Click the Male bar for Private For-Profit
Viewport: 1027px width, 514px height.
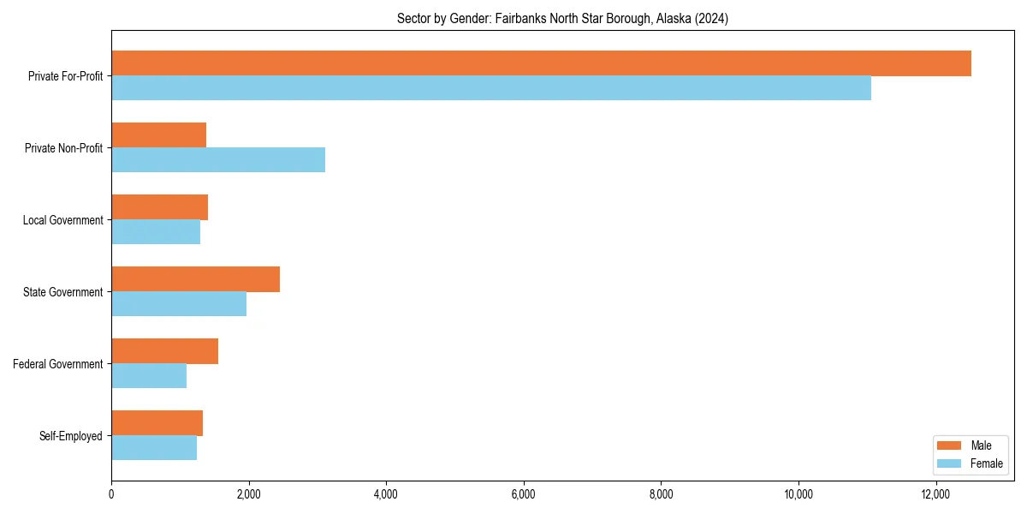[541, 63]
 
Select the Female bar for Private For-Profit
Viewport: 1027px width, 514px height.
[491, 87]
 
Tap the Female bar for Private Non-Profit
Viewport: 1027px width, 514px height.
[218, 159]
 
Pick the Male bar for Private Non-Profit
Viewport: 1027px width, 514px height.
[159, 135]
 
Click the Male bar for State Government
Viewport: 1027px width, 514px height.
[195, 279]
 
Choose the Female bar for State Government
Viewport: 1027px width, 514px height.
[179, 303]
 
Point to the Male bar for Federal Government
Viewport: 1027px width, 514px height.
[164, 351]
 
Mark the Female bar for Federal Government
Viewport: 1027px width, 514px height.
[149, 375]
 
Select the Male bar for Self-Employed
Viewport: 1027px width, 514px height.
[157, 423]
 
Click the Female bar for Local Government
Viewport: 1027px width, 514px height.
[156, 231]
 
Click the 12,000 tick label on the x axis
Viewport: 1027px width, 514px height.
[935, 494]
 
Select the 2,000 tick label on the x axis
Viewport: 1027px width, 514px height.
[248, 494]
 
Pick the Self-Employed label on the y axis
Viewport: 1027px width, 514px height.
[71, 436]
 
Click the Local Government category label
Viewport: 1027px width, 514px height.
[63, 220]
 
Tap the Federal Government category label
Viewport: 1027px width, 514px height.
[58, 364]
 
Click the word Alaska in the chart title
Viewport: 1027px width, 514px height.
[677, 18]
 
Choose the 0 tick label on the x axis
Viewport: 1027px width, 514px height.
[111, 494]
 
